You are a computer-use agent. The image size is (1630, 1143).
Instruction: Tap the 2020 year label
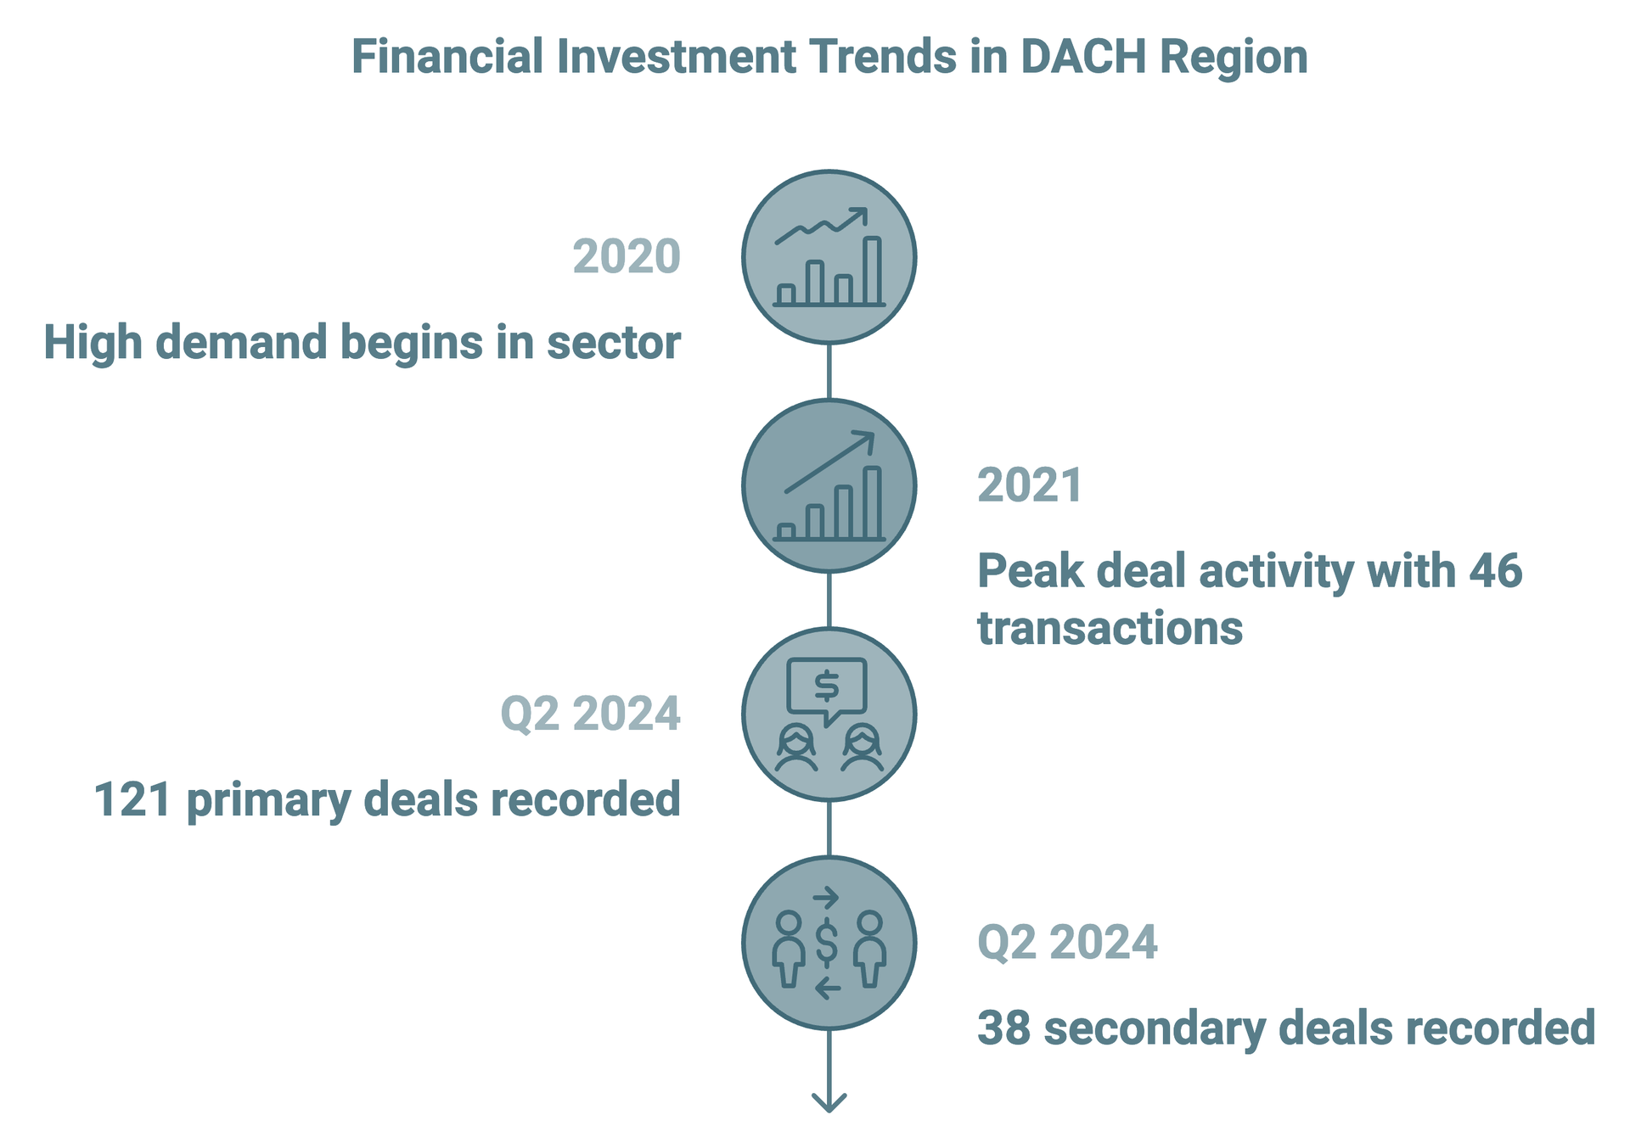point(627,256)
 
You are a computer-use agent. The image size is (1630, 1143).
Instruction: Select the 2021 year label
point(1030,485)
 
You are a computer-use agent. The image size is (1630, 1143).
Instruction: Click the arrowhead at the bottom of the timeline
point(829,1101)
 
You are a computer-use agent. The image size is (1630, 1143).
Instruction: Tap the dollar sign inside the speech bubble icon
point(827,686)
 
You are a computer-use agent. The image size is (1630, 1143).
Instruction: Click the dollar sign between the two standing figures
point(827,944)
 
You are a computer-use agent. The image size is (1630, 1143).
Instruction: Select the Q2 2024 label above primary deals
point(591,714)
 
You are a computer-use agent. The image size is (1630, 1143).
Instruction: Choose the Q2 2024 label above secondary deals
point(1067,942)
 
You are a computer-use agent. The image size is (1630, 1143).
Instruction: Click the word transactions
point(1110,629)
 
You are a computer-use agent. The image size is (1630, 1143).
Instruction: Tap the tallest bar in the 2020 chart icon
point(872,270)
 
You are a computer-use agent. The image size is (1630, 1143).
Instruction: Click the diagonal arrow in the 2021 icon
point(829,462)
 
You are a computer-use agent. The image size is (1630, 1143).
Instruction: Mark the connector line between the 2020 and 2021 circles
point(829,371)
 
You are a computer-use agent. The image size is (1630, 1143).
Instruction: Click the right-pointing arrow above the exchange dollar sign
point(826,898)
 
